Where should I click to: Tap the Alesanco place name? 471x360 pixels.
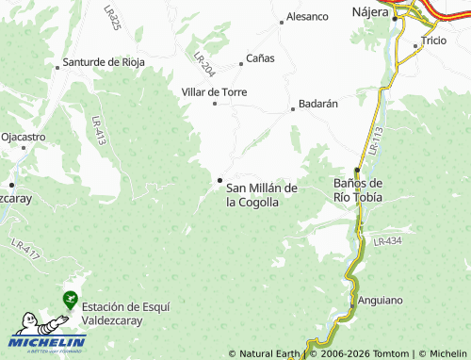(307, 17)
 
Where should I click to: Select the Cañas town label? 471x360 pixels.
(260, 58)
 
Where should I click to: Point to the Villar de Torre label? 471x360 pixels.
(214, 91)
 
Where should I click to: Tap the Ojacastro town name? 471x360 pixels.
(24, 137)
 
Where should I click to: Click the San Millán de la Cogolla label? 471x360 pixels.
(262, 195)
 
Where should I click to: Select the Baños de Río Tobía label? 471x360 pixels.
(358, 189)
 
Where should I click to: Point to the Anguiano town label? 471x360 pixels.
(381, 301)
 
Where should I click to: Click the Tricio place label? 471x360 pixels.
(434, 41)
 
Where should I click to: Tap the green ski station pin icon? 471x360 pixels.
(70, 299)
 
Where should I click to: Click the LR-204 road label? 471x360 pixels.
(205, 63)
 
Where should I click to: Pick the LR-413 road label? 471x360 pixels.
(98, 129)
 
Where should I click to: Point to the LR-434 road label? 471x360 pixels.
(387, 242)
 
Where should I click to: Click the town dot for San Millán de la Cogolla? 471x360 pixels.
(219, 180)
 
